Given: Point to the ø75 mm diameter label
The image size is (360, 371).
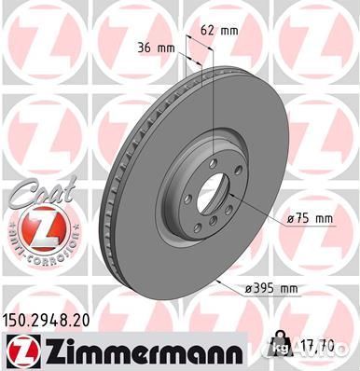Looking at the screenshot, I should coord(310,219).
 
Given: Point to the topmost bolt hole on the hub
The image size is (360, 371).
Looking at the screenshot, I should coord(219,154).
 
